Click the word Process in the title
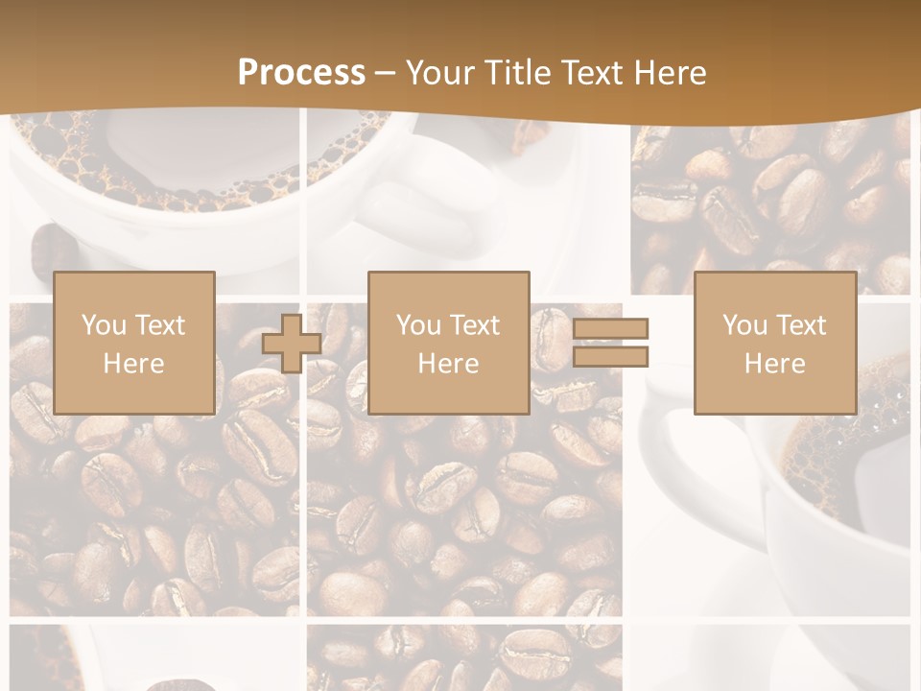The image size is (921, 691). [301, 73]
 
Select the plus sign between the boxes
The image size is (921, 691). [292, 344]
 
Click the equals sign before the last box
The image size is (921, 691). [610, 343]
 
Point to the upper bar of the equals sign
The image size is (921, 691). [610, 329]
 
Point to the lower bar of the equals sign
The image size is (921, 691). [610, 357]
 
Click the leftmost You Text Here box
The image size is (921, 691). [133, 343]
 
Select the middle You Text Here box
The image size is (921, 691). [448, 343]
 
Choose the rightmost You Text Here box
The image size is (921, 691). [774, 343]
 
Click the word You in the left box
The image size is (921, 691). [103, 325]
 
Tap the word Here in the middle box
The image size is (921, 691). [448, 364]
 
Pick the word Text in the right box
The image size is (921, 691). [801, 325]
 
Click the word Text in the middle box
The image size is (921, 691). [475, 325]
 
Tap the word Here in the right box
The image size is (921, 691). [774, 364]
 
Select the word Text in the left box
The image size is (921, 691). [160, 325]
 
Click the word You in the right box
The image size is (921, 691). [744, 325]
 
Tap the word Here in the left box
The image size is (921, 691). [133, 364]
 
